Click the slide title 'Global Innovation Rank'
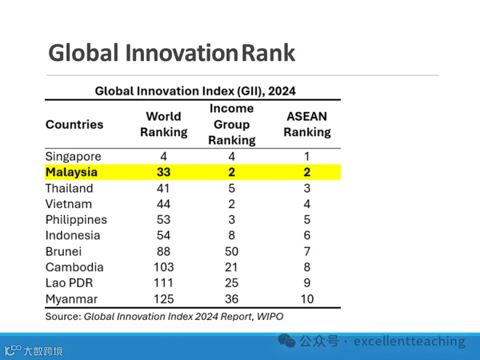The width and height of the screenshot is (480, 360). point(172,53)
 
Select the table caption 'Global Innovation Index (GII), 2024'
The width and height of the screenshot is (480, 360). point(195,91)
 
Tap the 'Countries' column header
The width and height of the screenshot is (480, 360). point(74,124)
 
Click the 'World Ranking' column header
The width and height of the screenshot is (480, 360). point(164,124)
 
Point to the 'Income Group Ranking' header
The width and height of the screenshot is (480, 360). point(232,124)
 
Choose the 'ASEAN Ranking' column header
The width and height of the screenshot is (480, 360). point(307,124)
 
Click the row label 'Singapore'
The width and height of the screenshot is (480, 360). point(73,157)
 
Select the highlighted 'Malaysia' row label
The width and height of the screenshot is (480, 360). point(71,172)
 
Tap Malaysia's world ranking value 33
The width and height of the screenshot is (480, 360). point(164,172)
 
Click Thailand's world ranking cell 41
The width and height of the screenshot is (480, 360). point(164,188)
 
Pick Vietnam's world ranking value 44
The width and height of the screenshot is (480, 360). point(164,204)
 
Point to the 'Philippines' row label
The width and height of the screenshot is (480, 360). point(76,220)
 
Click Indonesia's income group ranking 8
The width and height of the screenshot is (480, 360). point(232,235)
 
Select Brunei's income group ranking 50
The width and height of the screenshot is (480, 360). point(231,251)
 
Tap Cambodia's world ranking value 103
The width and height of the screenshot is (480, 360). point(164,267)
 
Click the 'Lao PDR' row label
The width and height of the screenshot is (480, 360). point(69,283)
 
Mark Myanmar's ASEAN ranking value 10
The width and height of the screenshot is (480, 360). point(307,299)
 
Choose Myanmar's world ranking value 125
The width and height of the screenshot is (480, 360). point(164,299)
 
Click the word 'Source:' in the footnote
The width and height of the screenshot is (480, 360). point(63,316)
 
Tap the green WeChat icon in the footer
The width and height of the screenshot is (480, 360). point(286,340)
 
